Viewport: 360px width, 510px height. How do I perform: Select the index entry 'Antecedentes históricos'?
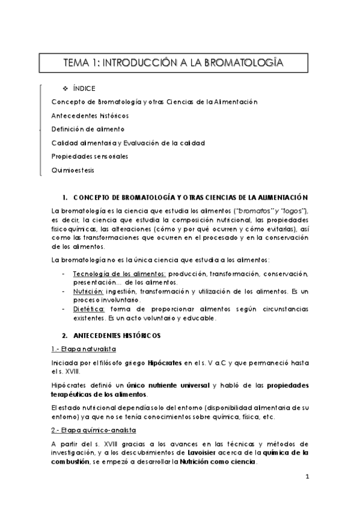pyautogui.click(x=90, y=115)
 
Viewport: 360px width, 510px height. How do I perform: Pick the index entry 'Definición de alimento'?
pyautogui.click(x=88, y=129)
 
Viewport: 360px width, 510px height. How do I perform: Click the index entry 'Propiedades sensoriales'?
pyautogui.click(x=90, y=156)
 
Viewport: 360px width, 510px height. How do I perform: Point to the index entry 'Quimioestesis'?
pyautogui.click(x=73, y=170)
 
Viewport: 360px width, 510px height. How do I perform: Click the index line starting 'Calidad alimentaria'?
pyautogui.click(x=129, y=143)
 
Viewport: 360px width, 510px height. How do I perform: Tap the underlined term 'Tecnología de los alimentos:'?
pyautogui.click(x=111, y=274)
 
